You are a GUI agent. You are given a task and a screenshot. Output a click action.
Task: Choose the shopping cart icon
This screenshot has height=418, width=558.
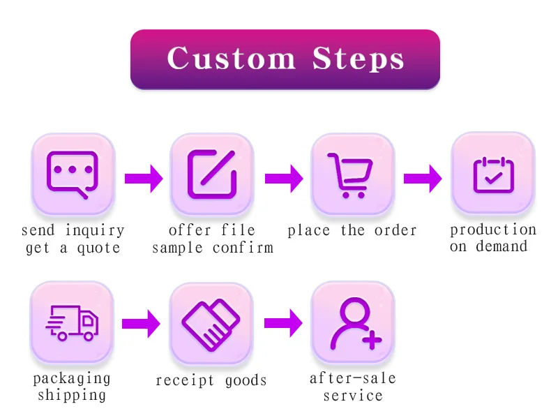coord(352,175)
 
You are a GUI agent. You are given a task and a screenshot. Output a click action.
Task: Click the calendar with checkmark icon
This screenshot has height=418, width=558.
coord(492,174)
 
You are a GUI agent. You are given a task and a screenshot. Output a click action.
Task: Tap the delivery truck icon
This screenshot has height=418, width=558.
coord(73,322)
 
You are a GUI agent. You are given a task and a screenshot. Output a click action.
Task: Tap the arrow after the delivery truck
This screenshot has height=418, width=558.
coord(141,323)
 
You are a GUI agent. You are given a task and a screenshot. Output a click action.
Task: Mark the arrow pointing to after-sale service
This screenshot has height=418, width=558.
coord(283,323)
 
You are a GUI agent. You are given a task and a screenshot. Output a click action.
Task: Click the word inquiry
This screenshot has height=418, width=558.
coord(95,231)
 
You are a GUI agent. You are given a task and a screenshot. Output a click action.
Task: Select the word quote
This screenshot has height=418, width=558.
coord(98,248)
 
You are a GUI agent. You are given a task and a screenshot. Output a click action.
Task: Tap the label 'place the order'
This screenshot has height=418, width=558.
coord(352,231)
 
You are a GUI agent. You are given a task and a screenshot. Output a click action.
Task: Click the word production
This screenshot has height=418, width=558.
coord(492,230)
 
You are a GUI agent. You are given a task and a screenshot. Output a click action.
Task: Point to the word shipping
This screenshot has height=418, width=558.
coord(72,396)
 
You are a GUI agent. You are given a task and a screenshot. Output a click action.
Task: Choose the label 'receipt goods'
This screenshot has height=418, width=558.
coord(211,381)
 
